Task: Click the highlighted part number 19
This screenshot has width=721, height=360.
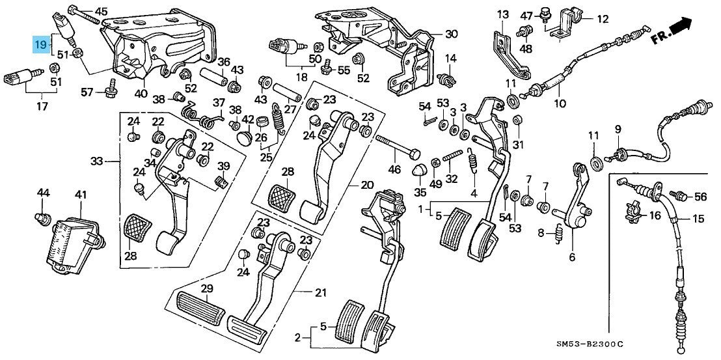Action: [40, 45]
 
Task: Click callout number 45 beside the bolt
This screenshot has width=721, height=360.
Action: [102, 11]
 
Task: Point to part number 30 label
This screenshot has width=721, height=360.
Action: [452, 34]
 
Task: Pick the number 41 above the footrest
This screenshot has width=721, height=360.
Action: [80, 195]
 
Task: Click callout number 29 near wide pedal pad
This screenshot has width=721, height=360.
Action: [207, 288]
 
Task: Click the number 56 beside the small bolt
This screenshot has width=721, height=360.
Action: [700, 196]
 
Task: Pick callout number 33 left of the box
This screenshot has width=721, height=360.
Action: [97, 160]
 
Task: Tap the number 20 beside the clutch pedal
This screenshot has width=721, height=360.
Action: [368, 184]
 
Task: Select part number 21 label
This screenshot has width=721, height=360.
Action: [320, 292]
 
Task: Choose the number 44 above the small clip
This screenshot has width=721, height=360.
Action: [43, 193]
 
